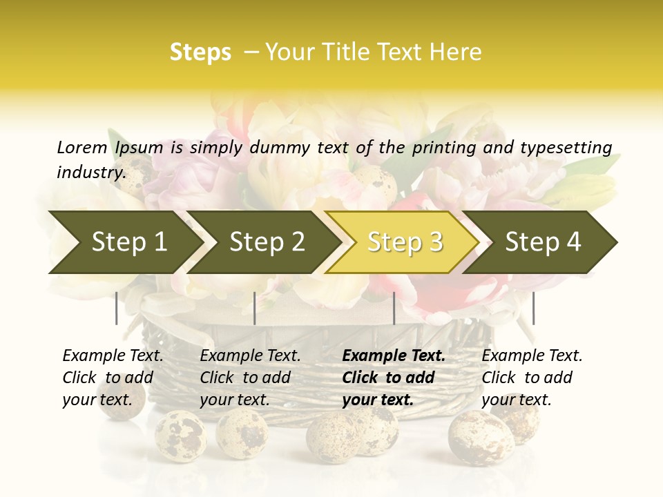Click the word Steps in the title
[200, 52]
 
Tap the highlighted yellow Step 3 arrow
[405, 242]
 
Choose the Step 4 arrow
[543, 242]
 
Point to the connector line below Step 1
[117, 308]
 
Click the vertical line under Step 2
[255, 308]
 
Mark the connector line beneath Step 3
[394, 308]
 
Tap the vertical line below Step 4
[533, 308]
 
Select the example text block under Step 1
[113, 378]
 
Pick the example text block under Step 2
[250, 378]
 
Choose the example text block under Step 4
[532, 378]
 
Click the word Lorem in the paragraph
[81, 147]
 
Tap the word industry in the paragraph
[90, 172]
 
